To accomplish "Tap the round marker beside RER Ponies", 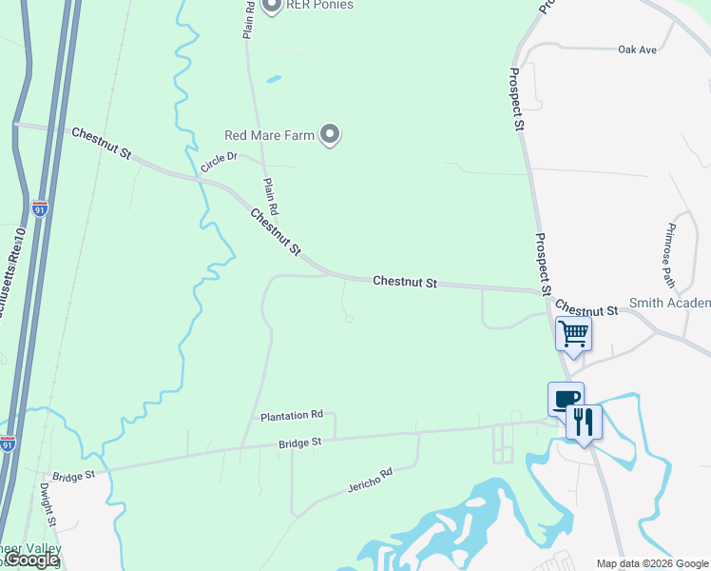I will click(271, 6).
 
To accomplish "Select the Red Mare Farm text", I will click(269, 136).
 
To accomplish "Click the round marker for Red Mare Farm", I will click(330, 135).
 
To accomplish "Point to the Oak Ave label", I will click(637, 49).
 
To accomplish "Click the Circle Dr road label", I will click(218, 162).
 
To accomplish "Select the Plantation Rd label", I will click(292, 416).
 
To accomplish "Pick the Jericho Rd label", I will click(370, 481).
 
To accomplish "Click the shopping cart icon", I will click(573, 334).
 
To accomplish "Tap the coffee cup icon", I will click(566, 398).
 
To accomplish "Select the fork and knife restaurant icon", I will click(584, 421).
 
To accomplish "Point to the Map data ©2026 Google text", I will click(652, 563).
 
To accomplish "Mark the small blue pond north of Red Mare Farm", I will click(274, 79).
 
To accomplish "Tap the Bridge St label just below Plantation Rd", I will click(300, 443).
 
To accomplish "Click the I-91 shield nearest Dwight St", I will click(8, 444).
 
